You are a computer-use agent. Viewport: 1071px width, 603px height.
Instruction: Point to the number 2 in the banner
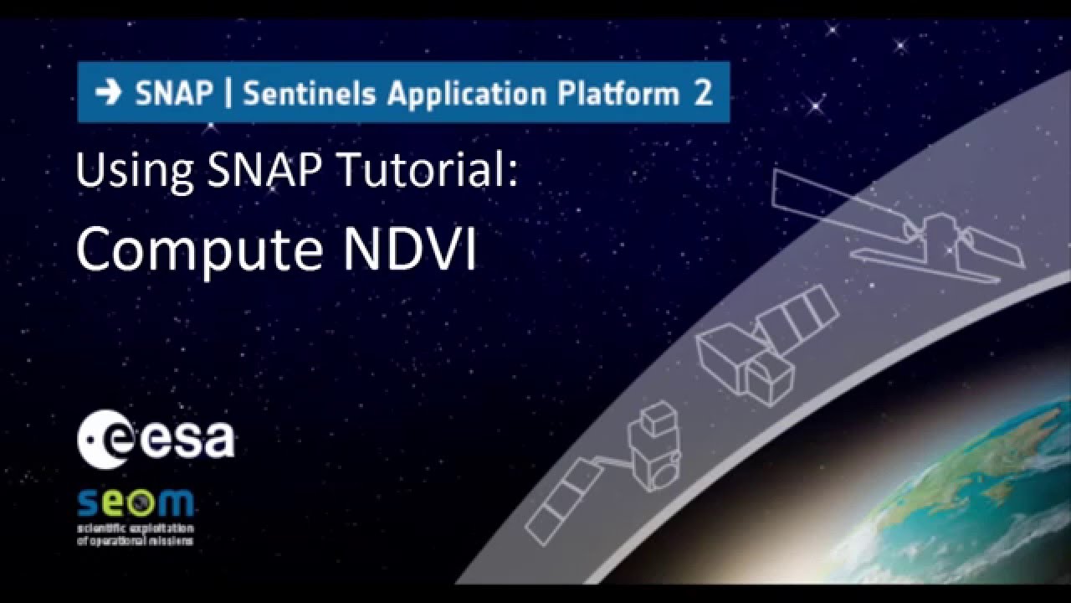click(703, 93)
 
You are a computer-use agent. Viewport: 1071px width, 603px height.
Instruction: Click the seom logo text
click(136, 504)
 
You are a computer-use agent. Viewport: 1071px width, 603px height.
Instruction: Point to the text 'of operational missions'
click(135, 540)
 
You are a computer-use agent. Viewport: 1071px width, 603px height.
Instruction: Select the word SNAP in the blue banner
click(174, 93)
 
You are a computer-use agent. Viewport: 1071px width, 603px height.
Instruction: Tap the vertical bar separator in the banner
click(228, 93)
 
